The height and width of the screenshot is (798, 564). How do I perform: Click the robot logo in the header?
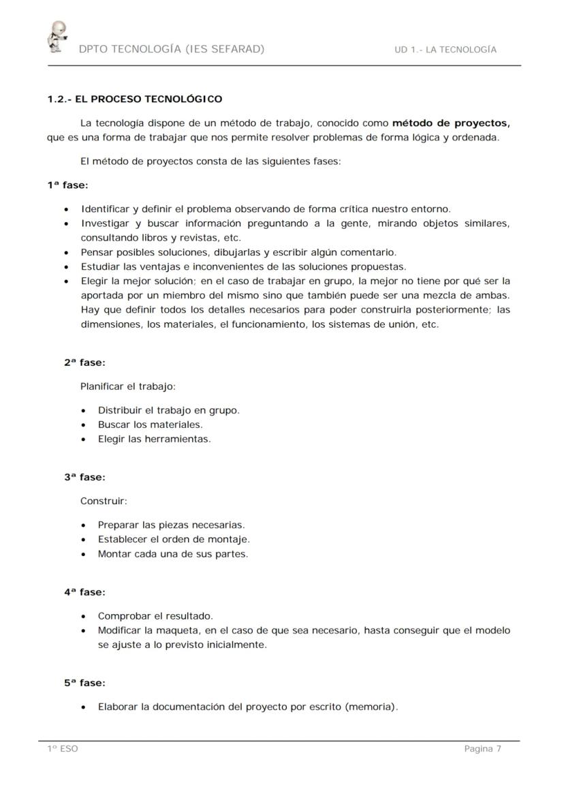57,37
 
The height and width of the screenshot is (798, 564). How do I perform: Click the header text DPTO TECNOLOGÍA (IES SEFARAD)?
172,49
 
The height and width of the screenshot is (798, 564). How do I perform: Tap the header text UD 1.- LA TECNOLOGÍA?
445,50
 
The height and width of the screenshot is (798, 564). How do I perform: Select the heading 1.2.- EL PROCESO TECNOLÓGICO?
135,99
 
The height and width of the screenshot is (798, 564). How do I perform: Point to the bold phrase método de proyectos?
451,123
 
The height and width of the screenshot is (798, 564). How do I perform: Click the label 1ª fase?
67,185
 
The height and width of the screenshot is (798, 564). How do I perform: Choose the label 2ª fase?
84,363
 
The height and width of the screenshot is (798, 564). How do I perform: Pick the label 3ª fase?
84,477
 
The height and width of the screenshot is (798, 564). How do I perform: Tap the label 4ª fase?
84,592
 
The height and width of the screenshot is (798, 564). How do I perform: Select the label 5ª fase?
84,683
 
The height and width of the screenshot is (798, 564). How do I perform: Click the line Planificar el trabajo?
128,386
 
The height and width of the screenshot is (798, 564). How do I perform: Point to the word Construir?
104,501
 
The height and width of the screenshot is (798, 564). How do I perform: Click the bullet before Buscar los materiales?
83,425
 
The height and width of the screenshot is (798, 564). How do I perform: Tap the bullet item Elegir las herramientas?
154,439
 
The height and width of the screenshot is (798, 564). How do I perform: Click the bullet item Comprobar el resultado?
155,616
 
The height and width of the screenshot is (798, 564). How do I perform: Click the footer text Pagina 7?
482,749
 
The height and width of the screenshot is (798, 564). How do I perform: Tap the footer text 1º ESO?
63,749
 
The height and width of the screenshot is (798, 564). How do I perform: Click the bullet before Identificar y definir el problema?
66,209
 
